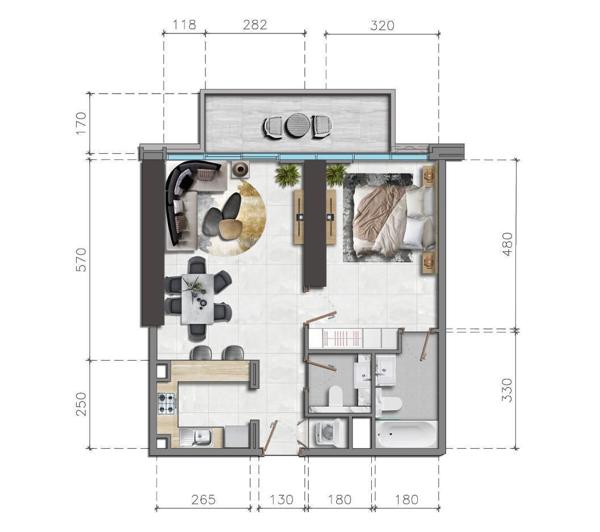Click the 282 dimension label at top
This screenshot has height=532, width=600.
click(255, 25)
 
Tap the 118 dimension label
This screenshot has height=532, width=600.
click(184, 25)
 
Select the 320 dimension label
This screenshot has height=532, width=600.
click(382, 26)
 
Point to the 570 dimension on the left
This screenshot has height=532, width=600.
click(82, 260)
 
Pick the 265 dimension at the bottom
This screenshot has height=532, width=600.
click(204, 500)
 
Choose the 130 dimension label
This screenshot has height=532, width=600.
click(282, 500)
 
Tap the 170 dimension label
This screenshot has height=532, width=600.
click(82, 123)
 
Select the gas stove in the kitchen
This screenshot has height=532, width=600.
click(167, 403)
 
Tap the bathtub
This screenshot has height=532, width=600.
click(406, 434)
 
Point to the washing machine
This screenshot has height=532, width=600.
click(327, 433)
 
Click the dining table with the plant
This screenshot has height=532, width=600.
click(197, 299)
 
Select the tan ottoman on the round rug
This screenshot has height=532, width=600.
click(229, 229)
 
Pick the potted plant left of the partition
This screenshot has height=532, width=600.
click(288, 175)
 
